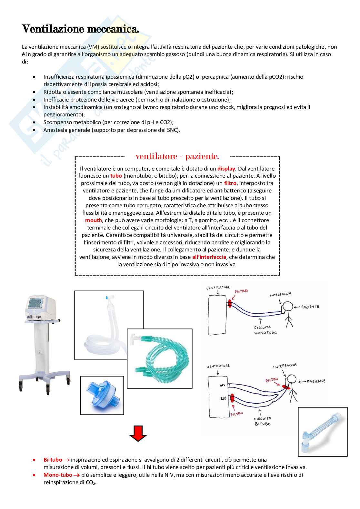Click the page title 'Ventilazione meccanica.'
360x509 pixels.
(x=80, y=29)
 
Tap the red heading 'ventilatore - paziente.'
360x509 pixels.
(x=177, y=156)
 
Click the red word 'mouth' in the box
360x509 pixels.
(x=94, y=220)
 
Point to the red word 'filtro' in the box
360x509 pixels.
(x=230, y=183)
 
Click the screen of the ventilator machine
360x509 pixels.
(x=37, y=304)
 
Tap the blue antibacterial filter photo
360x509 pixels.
(x=102, y=395)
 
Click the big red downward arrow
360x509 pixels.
(x=138, y=434)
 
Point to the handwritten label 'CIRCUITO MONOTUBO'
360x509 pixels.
(x=265, y=330)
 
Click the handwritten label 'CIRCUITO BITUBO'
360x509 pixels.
(x=263, y=421)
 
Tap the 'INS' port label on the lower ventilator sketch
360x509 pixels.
(x=223, y=386)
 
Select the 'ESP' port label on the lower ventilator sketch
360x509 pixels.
(x=223, y=398)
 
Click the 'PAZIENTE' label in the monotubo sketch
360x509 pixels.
(x=310, y=307)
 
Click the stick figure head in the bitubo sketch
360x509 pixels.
(x=292, y=379)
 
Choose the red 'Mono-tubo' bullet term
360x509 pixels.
(x=58, y=475)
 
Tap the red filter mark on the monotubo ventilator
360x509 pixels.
(x=230, y=303)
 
